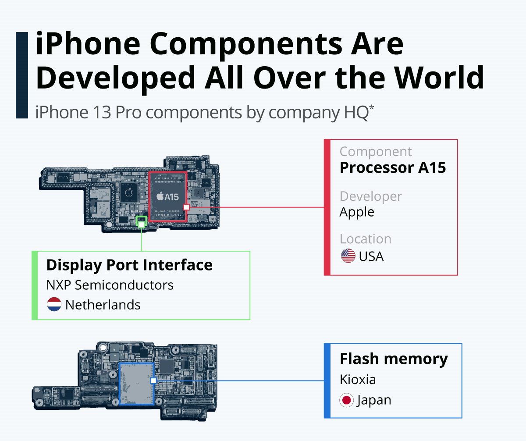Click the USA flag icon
(348, 256)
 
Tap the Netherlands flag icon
(54, 305)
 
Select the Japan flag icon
(347, 400)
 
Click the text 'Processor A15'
(393, 167)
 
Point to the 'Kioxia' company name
(358, 379)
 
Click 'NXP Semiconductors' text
(110, 285)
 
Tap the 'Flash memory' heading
(394, 359)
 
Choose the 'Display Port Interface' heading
(129, 265)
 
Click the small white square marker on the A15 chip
(186, 206)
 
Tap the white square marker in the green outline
(141, 224)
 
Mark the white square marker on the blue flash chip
(153, 381)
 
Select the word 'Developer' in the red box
(370, 196)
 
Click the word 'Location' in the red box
(365, 239)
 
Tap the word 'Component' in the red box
(376, 152)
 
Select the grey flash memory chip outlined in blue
(136, 384)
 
